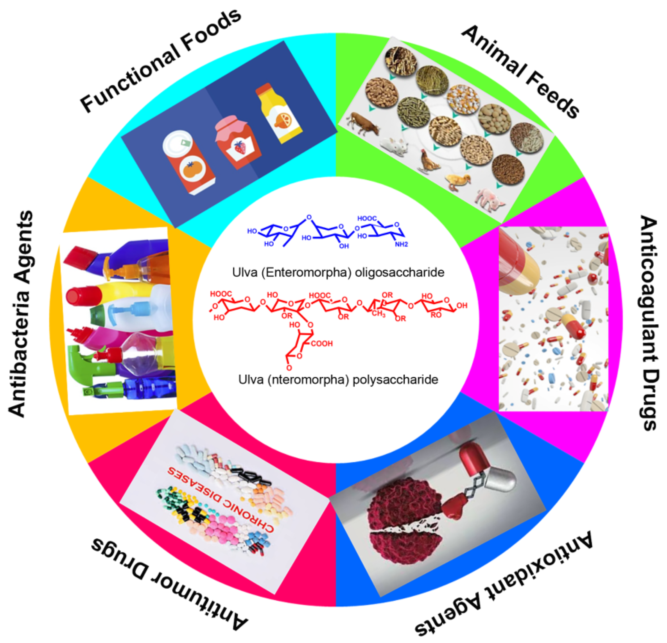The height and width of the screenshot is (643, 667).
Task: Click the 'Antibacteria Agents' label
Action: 21,313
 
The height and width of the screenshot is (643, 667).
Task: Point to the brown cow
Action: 363,124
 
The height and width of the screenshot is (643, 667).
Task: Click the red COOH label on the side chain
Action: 321,344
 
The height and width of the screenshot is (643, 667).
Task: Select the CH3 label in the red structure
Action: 379,313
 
